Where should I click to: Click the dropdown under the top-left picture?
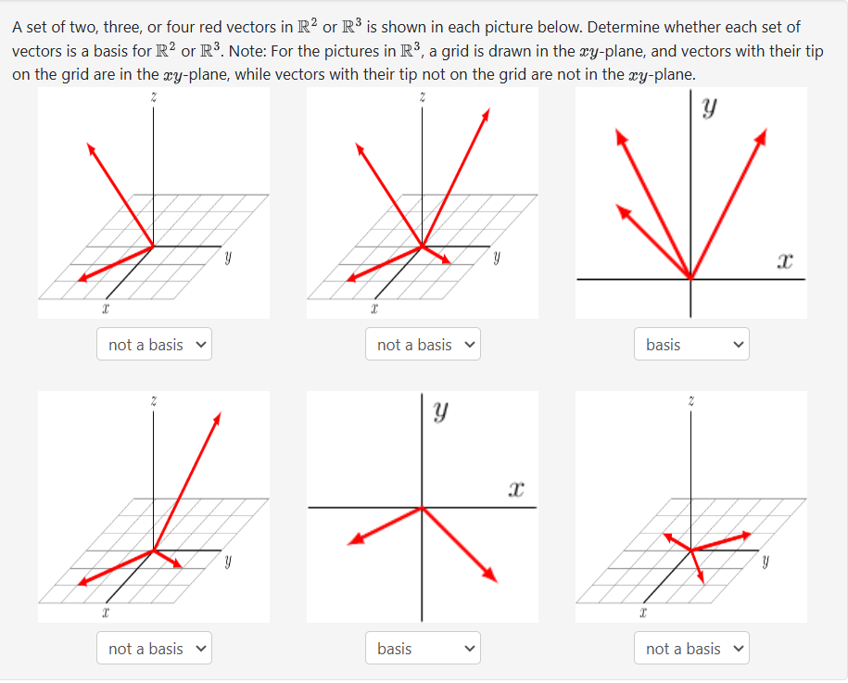point(154,345)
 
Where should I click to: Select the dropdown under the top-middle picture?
point(423,345)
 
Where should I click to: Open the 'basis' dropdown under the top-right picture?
point(691,345)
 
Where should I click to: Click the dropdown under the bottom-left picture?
point(154,649)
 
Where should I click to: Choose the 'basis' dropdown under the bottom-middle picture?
point(423,649)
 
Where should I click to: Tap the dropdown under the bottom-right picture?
point(691,649)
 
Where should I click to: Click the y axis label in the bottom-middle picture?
point(442,409)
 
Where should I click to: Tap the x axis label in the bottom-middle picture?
point(517,488)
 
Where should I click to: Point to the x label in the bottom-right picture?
point(642,613)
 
